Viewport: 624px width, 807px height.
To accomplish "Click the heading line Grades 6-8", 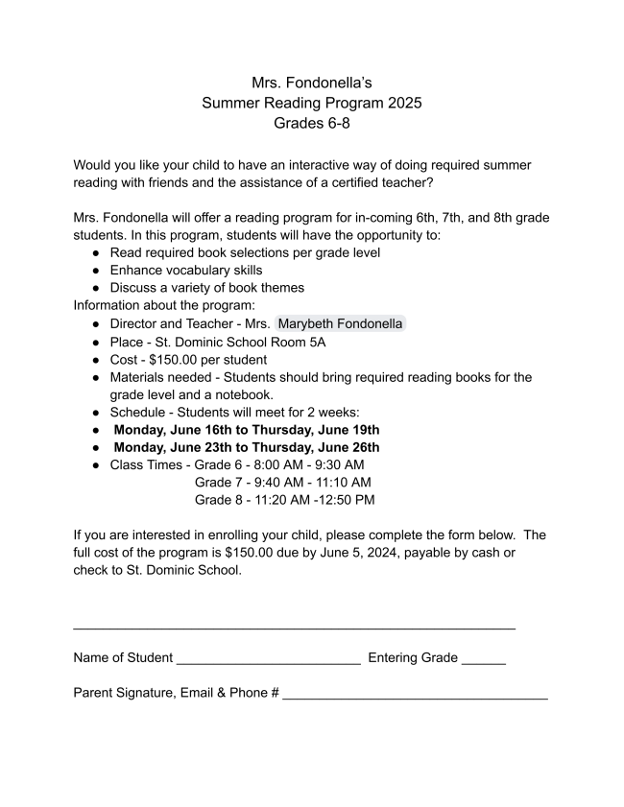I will pyautogui.click(x=312, y=124).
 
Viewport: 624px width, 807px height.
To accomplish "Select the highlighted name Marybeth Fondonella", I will pyautogui.click(x=341, y=324).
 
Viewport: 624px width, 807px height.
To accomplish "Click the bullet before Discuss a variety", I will pyautogui.click(x=97, y=288).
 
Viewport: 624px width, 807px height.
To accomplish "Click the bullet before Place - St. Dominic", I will pyautogui.click(x=97, y=342).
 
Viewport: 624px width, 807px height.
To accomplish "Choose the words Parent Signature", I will pyautogui.click(x=125, y=693).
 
